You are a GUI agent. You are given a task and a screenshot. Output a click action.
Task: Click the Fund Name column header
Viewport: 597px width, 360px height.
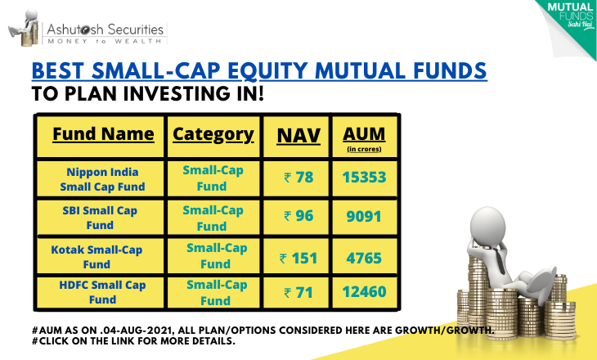(103, 134)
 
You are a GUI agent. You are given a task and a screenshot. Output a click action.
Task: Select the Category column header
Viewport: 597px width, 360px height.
(213, 135)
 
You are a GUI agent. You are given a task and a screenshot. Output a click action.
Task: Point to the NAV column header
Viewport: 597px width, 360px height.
(298, 136)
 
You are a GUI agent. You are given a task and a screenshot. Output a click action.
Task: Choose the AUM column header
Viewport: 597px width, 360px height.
(364, 138)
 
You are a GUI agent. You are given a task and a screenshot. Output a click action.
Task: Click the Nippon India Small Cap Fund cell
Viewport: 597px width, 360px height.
(102, 179)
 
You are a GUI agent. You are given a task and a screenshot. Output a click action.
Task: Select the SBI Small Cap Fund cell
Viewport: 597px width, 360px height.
(100, 218)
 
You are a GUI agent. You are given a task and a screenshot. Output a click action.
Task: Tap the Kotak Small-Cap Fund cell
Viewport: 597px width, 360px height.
(97, 257)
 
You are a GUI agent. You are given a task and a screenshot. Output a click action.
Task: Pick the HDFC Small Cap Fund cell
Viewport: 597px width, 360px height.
(102, 292)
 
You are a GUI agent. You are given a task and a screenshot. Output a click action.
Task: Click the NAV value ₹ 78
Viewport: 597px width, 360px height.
(298, 178)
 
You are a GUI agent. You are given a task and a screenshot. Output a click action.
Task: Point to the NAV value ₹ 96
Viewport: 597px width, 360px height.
(298, 216)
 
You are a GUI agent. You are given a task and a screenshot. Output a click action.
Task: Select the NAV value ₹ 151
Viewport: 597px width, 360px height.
(298, 259)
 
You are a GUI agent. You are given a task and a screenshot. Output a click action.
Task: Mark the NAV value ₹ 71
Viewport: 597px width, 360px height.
(298, 293)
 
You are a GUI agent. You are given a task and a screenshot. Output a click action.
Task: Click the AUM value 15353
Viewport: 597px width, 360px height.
(365, 178)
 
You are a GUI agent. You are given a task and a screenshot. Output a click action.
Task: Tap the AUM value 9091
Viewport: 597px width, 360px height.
(364, 216)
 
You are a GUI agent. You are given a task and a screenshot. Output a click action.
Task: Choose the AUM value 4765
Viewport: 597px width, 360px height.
(364, 259)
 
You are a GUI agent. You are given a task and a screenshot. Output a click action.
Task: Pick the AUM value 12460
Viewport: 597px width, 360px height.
(365, 292)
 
